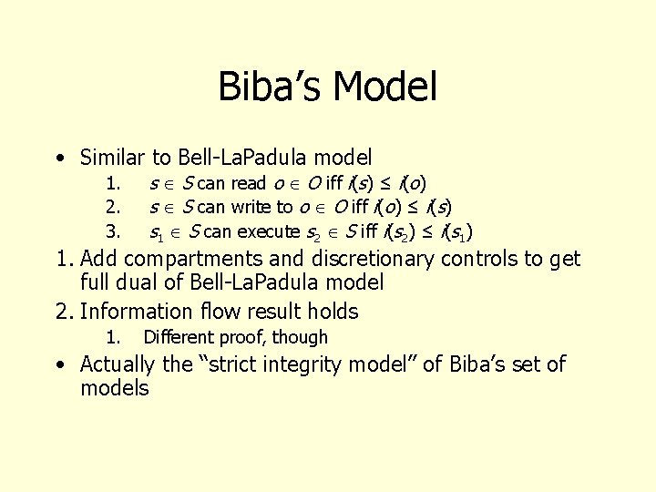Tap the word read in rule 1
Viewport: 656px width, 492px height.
(x=249, y=183)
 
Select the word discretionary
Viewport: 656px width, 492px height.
(x=371, y=260)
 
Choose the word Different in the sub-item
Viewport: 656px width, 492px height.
(x=179, y=337)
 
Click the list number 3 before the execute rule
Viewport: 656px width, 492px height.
(x=112, y=231)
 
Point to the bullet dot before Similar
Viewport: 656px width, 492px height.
(x=59, y=159)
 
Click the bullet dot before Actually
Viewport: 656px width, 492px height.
(x=59, y=365)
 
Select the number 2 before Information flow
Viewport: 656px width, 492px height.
(x=63, y=312)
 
